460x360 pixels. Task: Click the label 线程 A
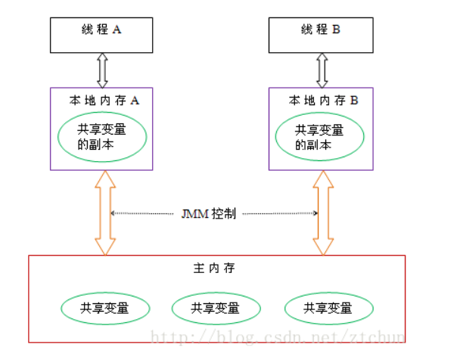click(101, 29)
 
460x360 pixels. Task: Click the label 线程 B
click(321, 29)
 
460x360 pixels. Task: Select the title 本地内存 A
click(104, 101)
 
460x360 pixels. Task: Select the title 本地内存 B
click(323, 101)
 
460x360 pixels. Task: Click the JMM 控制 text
click(209, 214)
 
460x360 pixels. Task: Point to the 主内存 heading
click(214, 268)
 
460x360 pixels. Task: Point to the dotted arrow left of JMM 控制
click(142, 213)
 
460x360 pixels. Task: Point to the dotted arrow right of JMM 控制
click(280, 213)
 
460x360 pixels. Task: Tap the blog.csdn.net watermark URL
click(278, 337)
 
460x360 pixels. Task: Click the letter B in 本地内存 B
click(354, 101)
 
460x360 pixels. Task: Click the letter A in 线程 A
click(117, 29)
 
